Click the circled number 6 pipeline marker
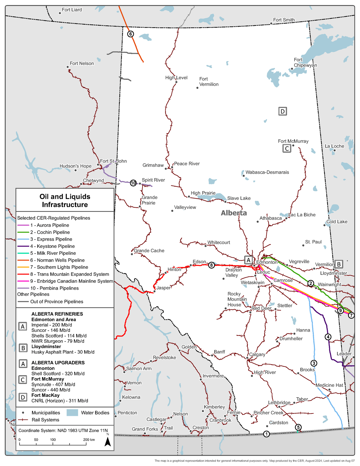pos(130,34)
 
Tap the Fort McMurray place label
pos(293,141)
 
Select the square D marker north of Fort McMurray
pos(282,111)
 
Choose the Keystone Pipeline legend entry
pos(52,246)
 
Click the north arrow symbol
pos(107,441)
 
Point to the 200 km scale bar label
pos(89,440)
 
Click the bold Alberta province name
pos(234,213)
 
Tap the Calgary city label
pos(257,354)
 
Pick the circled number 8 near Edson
pos(211,265)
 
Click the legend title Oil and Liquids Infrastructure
pos(65,201)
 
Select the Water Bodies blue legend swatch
pos(72,413)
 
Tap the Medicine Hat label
pos(329,385)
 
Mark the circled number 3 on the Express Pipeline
pos(313,363)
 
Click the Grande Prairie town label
pos(149,200)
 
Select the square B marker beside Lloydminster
pos(339,264)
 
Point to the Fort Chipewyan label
pos(305,62)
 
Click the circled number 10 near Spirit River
pos(133,183)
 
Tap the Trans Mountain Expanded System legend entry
pos(69,274)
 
